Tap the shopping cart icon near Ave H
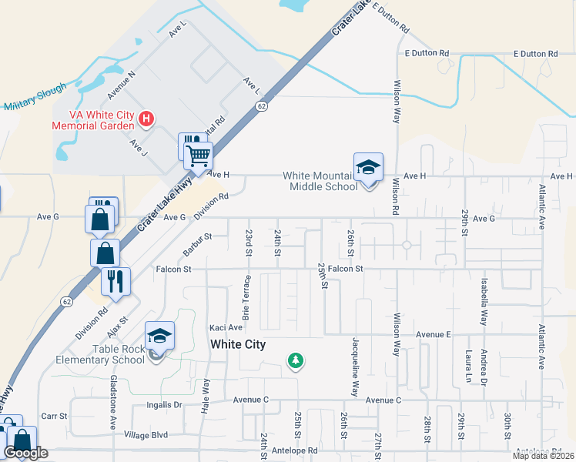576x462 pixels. pyautogui.click(x=199, y=156)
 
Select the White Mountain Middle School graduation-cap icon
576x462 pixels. pyautogui.click(x=369, y=168)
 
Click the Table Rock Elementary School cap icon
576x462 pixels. pyautogui.click(x=159, y=336)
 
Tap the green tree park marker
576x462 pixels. pyautogui.click(x=294, y=360)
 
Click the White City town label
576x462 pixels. pyautogui.click(x=238, y=345)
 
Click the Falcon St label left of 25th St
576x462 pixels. pyautogui.click(x=172, y=269)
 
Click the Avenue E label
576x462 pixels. pyautogui.click(x=433, y=335)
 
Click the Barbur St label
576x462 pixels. pyautogui.click(x=197, y=245)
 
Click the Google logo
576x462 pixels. pyautogui.click(x=25, y=454)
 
